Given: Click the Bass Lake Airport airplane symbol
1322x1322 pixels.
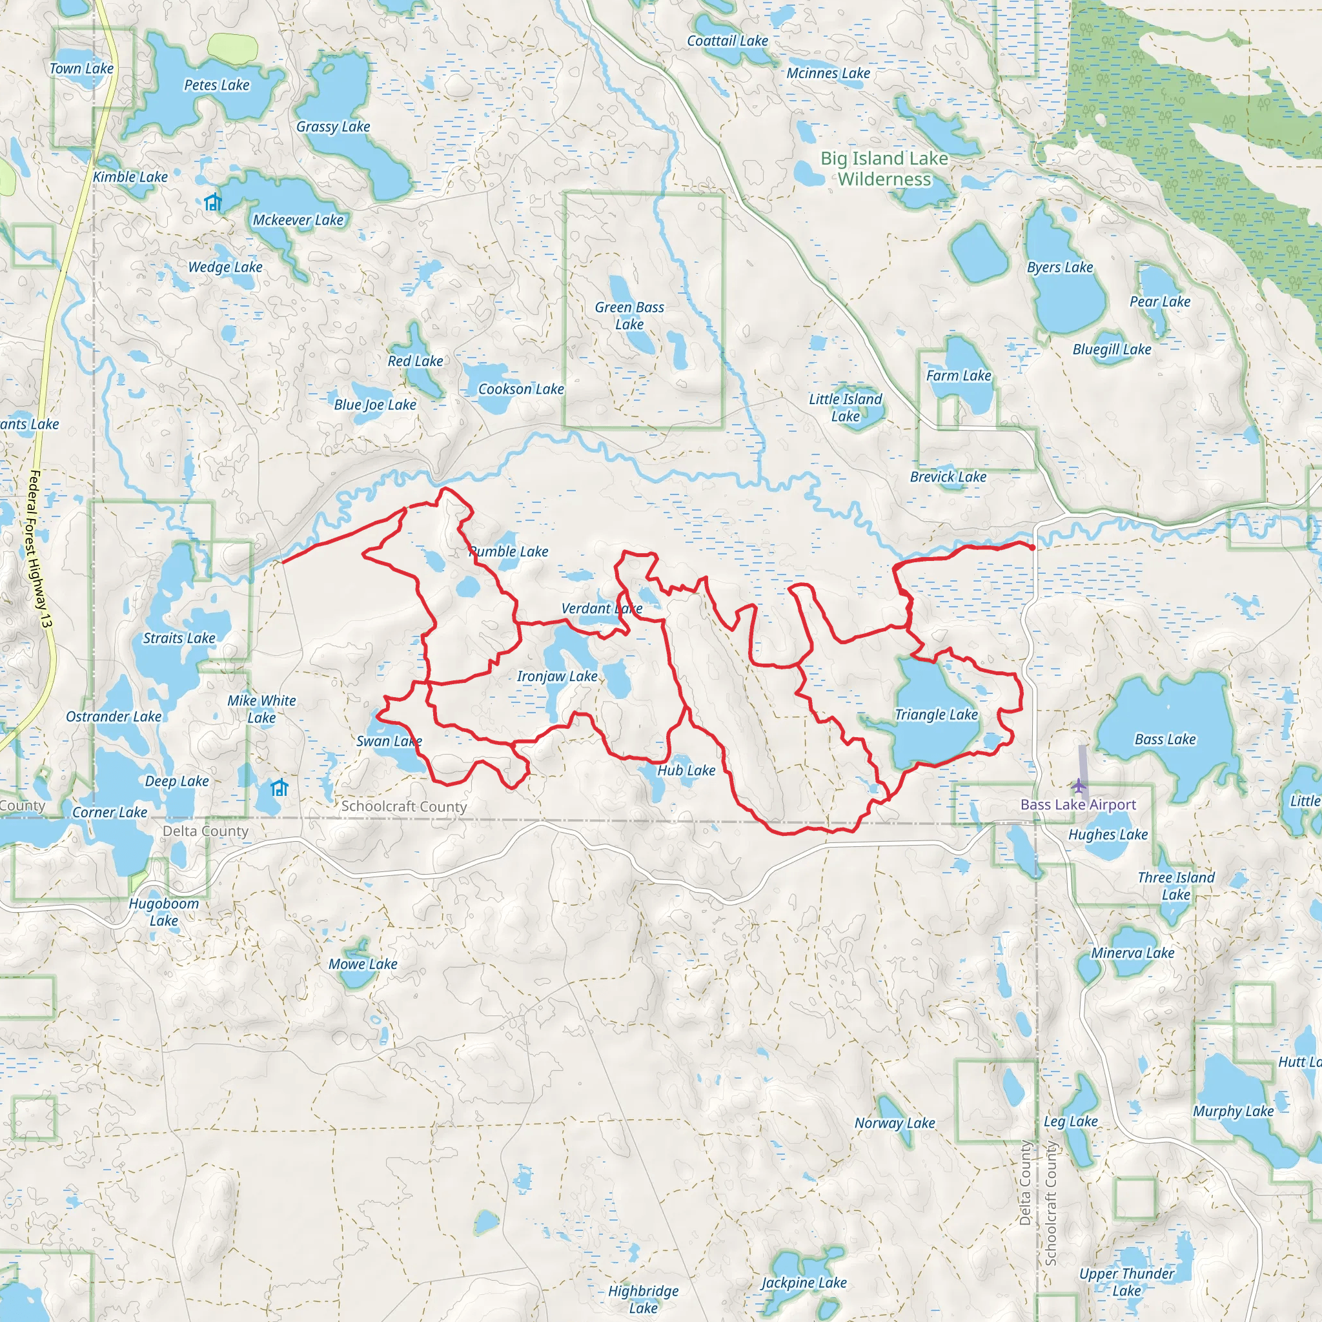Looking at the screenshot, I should click(x=1079, y=784).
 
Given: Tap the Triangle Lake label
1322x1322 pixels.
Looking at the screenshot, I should click(x=936, y=715).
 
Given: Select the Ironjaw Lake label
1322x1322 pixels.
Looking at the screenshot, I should click(x=557, y=676).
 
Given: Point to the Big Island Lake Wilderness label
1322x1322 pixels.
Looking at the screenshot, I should click(x=885, y=168).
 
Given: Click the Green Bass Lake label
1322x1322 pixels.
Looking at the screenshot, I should click(x=629, y=316).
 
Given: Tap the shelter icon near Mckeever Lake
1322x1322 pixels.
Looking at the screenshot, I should click(x=213, y=203).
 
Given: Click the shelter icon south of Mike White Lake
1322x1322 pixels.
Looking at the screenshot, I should click(x=279, y=788).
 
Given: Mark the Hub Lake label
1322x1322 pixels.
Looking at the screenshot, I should click(x=686, y=771).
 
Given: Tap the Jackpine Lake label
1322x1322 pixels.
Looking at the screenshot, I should click(x=804, y=1283).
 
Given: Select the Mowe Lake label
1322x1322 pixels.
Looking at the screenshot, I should click(x=363, y=964).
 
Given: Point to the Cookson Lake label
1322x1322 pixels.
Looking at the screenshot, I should click(x=521, y=389).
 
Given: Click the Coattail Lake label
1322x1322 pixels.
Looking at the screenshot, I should click(x=727, y=41).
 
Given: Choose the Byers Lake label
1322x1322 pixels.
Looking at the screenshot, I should click(x=1060, y=267).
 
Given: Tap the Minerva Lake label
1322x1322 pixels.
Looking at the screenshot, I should click(x=1132, y=953).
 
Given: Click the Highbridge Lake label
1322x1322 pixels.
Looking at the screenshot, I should click(x=643, y=1299).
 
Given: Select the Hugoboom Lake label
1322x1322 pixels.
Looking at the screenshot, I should click(x=163, y=912).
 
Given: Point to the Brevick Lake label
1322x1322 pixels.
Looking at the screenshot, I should click(x=948, y=477).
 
